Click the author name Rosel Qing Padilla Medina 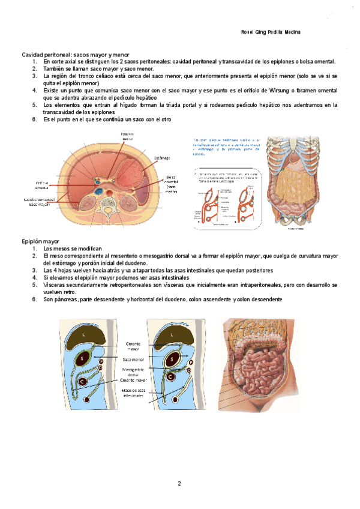270,32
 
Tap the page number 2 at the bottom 179,483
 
